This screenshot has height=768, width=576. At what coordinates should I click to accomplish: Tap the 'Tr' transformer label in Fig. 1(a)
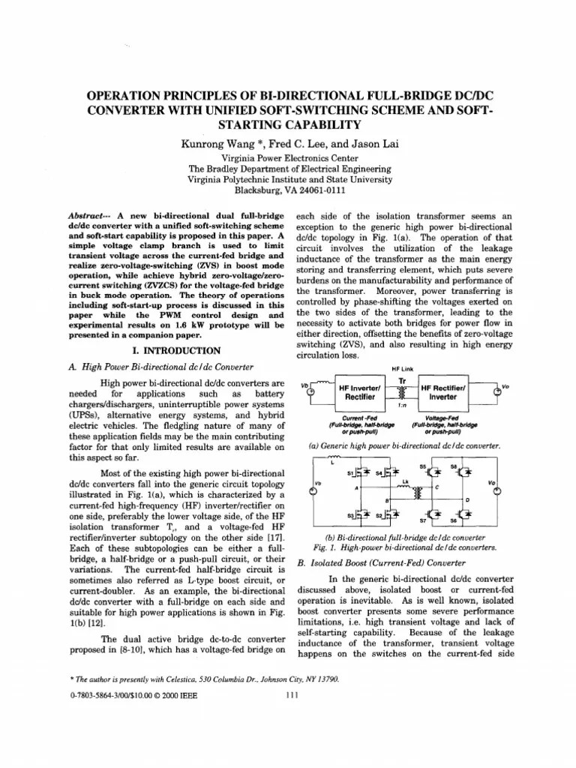click(403, 379)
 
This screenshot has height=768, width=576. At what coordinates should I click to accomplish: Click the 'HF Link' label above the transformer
click(403, 368)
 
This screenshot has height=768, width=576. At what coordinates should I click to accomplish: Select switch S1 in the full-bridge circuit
click(357, 473)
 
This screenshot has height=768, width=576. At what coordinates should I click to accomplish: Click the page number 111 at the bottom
click(293, 694)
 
